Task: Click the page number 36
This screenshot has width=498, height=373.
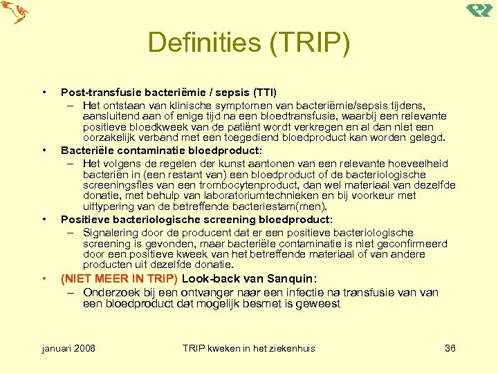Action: click(x=450, y=348)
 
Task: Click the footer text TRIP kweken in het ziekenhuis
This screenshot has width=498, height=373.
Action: click(x=248, y=348)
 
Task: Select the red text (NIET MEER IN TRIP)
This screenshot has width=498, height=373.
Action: click(x=119, y=279)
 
